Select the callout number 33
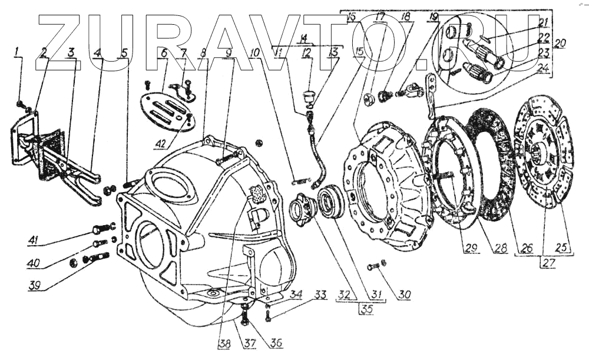tap(319, 293)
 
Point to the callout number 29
tap(469, 248)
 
